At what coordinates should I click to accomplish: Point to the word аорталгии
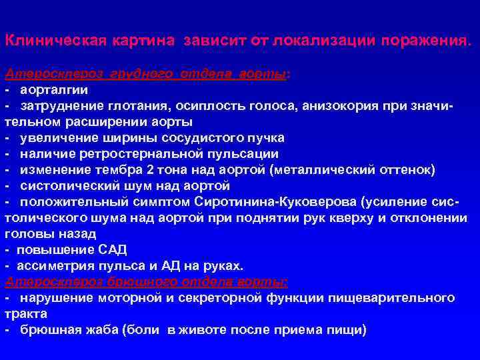coord(54,90)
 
